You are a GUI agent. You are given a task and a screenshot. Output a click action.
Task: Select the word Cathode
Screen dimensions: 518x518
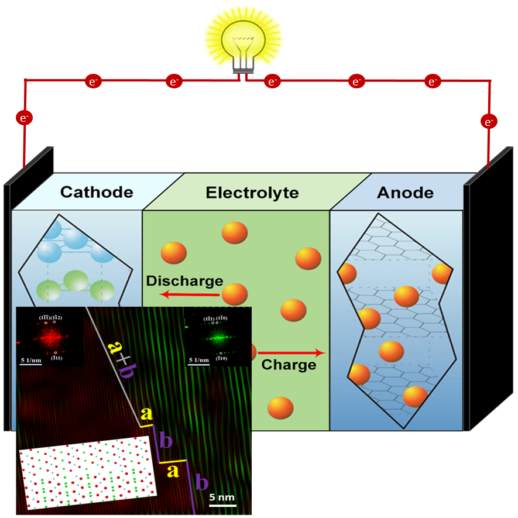point(97,192)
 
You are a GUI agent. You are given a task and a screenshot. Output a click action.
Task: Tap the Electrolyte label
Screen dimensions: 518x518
point(252,193)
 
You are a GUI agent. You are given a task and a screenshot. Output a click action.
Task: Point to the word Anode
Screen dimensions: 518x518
point(405,193)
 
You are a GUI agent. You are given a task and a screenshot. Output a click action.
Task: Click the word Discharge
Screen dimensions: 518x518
point(184,281)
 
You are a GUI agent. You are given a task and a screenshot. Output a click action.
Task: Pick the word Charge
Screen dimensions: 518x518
point(289,365)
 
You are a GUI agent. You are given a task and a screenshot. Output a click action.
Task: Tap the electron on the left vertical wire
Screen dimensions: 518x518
point(24,118)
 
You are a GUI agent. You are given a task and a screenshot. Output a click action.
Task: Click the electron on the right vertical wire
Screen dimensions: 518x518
point(489,122)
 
